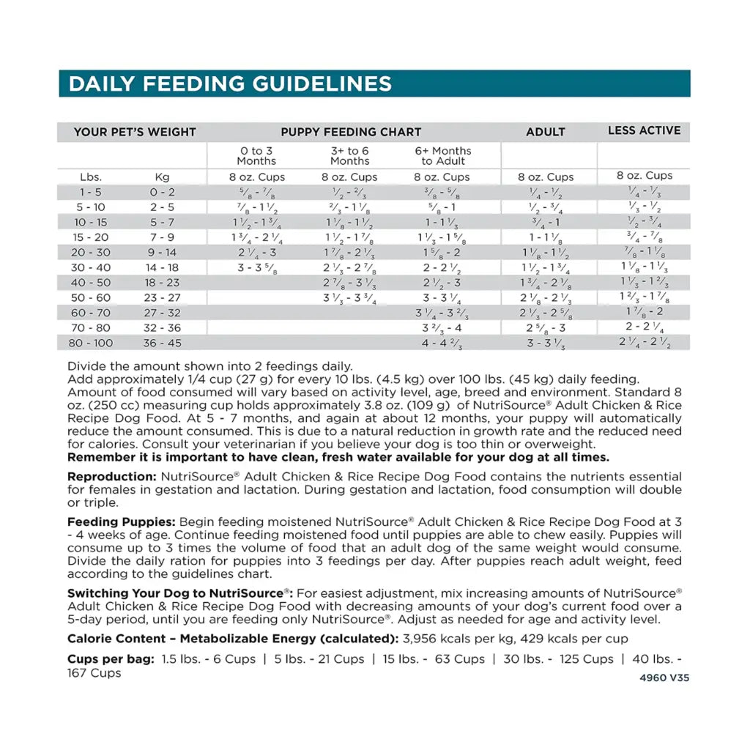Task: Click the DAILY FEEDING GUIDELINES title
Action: pyautogui.click(x=229, y=83)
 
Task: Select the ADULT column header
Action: pyautogui.click(x=546, y=132)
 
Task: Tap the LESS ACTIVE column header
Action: pyautogui.click(x=644, y=130)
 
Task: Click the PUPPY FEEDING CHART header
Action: pyautogui.click(x=351, y=132)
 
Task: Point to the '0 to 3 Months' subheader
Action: pyautogui.click(x=256, y=155)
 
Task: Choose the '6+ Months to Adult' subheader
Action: pyautogui.click(x=442, y=155)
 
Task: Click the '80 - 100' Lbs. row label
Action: pyautogui.click(x=92, y=343)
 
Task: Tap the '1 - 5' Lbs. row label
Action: pyautogui.click(x=92, y=192)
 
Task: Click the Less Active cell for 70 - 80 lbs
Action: pyautogui.click(x=644, y=327)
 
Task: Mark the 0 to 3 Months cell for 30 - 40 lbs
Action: pyautogui.click(x=256, y=267)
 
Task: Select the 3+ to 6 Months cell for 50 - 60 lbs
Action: pyautogui.click(x=349, y=298)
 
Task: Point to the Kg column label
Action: pyautogui.click(x=162, y=177)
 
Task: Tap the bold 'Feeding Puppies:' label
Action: pyautogui.click(x=122, y=522)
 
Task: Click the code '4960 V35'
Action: pyautogui.click(x=664, y=677)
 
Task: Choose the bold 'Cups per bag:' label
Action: pyautogui.click(x=111, y=659)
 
